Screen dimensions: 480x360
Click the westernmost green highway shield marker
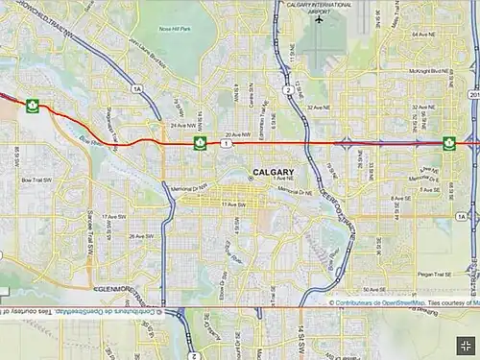pyautogui.click(x=32, y=106)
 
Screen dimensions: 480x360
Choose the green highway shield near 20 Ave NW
pyautogui.click(x=201, y=143)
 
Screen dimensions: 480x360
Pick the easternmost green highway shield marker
pyautogui.click(x=448, y=143)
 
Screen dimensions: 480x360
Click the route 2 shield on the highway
pyautogui.click(x=288, y=90)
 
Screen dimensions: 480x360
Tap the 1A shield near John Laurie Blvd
pyautogui.click(x=137, y=88)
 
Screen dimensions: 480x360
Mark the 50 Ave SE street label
pyautogui.click(x=374, y=289)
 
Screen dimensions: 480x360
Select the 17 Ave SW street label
pyautogui.click(x=114, y=217)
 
